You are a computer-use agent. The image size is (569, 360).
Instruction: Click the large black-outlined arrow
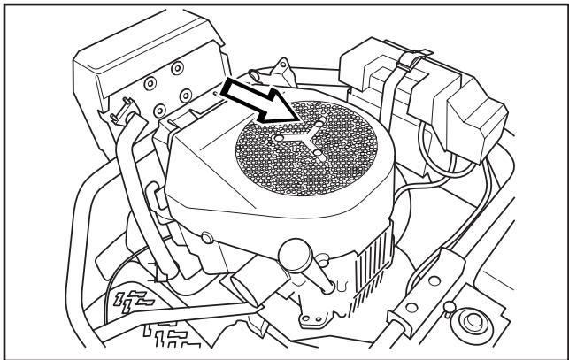point(259,100)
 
